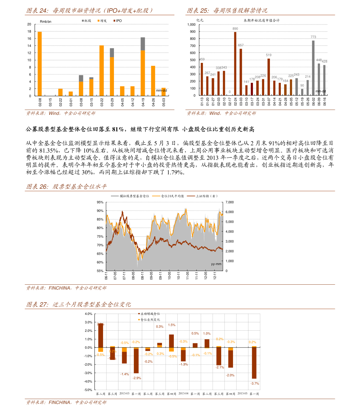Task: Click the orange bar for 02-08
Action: (40, 63)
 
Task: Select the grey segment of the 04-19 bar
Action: (143, 44)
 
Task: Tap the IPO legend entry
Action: (118, 21)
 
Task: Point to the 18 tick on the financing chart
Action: (29, 31)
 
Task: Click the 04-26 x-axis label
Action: (153, 102)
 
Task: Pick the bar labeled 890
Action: (235, 63)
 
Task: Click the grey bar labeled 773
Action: (313, 68)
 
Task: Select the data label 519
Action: (269, 55)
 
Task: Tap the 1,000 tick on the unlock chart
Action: (192, 24)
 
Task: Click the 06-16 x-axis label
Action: (325, 101)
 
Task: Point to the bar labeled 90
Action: (302, 92)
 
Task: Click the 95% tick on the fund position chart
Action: (100, 202)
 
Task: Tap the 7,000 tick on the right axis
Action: (229, 202)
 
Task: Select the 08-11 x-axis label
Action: (142, 276)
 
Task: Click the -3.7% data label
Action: (255, 383)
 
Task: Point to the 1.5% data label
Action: (172, 325)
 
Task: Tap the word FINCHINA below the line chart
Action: (60, 288)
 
